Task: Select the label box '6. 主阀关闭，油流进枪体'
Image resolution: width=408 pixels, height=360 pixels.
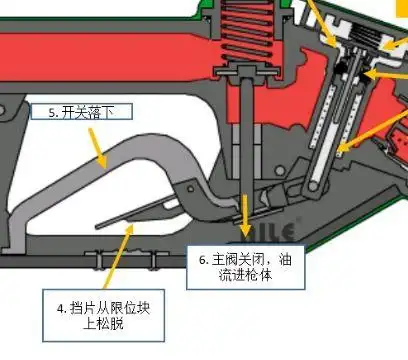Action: (x=244, y=264)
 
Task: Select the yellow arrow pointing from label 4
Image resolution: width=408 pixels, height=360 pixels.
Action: (x=119, y=254)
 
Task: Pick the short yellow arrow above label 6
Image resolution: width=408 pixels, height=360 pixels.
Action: (x=248, y=214)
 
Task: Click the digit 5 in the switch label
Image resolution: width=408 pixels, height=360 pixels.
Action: (x=53, y=113)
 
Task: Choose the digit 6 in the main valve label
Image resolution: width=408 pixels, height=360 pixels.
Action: (x=202, y=259)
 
